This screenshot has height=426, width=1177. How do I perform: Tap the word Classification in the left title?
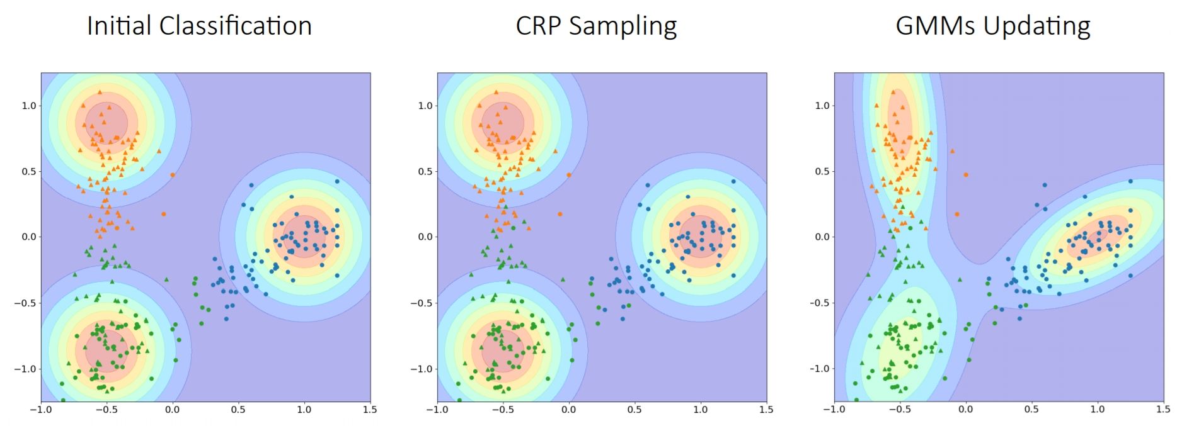[236, 26]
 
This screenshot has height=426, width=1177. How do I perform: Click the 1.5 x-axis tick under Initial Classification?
[370, 410]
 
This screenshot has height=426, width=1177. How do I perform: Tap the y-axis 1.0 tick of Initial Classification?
[29, 106]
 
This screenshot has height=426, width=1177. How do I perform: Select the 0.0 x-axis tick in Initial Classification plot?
[172, 410]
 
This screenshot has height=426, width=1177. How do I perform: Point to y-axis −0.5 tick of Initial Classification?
[25, 303]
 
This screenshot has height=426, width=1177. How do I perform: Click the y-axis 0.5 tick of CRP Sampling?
[425, 171]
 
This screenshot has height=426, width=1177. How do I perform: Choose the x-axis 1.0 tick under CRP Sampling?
[700, 410]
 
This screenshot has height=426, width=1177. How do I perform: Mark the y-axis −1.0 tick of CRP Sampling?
[422, 369]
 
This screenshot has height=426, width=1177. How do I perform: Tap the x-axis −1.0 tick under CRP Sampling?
[437, 410]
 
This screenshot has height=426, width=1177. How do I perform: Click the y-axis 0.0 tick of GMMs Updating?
[822, 237]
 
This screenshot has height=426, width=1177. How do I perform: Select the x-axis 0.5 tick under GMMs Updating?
[1031, 410]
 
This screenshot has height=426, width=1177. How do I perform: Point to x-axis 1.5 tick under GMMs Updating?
[1163, 410]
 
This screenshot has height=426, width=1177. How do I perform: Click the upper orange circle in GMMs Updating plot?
[965, 175]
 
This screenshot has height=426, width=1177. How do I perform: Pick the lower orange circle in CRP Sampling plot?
[560, 214]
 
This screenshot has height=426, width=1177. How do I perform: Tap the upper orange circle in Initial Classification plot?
[173, 175]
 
